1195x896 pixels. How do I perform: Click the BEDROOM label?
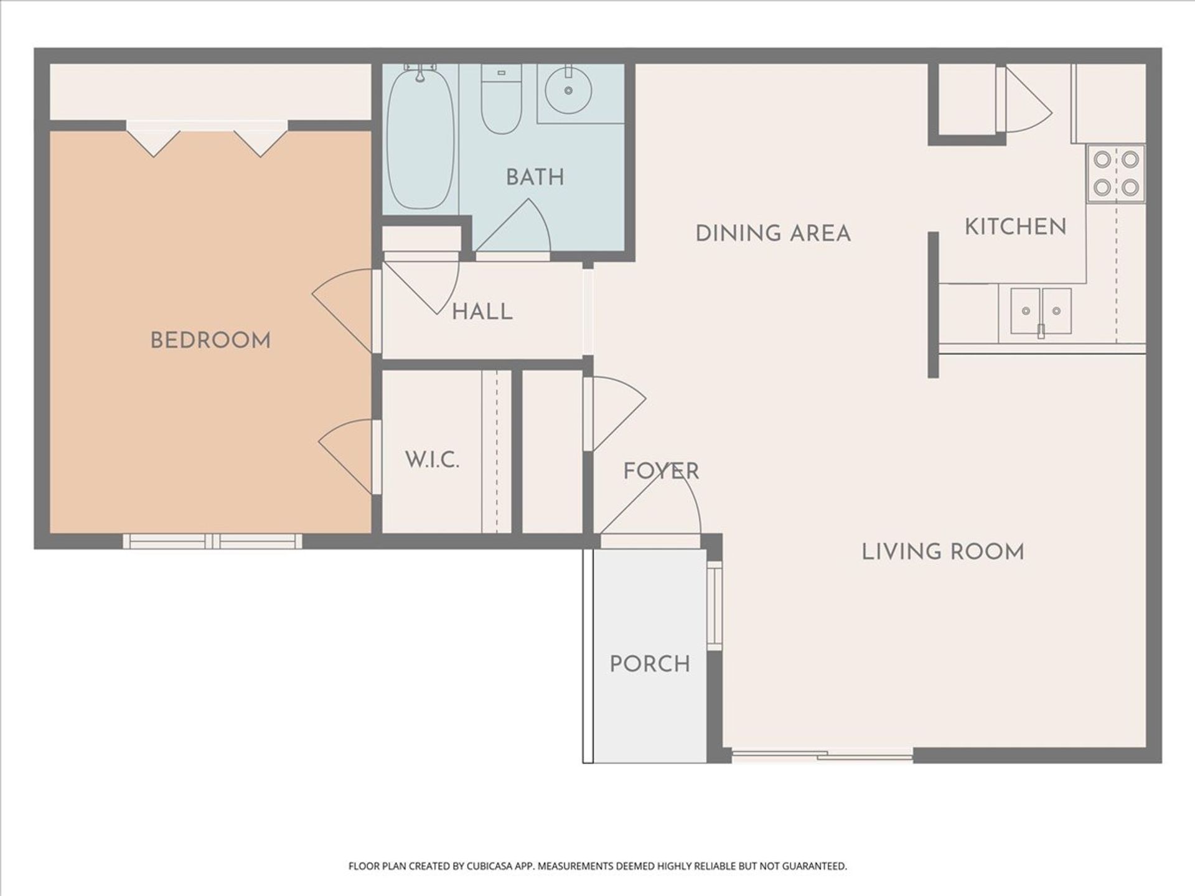[210, 341]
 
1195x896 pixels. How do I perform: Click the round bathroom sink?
[568, 91]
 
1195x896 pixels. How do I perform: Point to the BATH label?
[535, 178]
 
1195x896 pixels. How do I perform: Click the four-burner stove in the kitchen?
[1116, 173]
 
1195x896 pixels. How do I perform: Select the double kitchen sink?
[1041, 310]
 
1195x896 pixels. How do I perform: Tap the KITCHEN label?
[1015, 227]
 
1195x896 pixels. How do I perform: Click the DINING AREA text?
[772, 234]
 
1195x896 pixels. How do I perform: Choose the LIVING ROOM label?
[942, 552]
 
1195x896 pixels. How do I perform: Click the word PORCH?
[650, 665]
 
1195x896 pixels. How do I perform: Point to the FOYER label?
[661, 471]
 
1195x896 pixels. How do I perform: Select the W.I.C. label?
[432, 460]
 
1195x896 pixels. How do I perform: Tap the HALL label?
[482, 312]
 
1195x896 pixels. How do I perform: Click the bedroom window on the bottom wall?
[212, 541]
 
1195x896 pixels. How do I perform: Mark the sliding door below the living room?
[822, 756]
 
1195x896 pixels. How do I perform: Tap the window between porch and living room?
[714, 605]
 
